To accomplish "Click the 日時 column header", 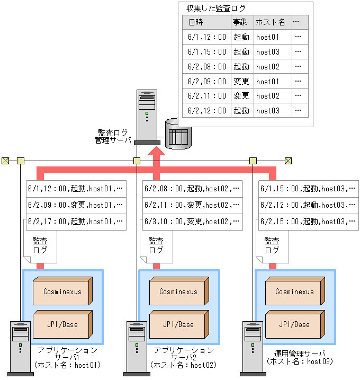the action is (x=195, y=22).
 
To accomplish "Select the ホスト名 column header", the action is (x=270, y=22).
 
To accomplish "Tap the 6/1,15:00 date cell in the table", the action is (x=207, y=52).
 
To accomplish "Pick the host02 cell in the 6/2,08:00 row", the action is (x=268, y=67).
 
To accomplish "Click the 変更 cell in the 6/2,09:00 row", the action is (x=241, y=82).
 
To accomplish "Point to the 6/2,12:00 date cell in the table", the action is (x=207, y=111).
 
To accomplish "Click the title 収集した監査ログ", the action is (x=215, y=8).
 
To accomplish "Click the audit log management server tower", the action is (x=147, y=117).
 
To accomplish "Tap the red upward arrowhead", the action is (x=156, y=151).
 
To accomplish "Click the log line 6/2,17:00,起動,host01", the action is (x=75, y=222).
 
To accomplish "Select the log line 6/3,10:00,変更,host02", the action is (x=192, y=222).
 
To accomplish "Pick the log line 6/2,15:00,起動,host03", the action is (x=308, y=222).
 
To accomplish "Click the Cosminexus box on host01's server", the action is (x=62, y=291).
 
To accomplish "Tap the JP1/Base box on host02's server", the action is (x=179, y=324).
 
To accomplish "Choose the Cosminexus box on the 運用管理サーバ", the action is (x=295, y=291).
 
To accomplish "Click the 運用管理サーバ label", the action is (x=300, y=354).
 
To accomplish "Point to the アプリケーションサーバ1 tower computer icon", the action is (x=20, y=349).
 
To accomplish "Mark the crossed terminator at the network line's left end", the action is (x=5, y=161).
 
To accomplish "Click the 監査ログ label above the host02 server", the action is (x=156, y=245).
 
